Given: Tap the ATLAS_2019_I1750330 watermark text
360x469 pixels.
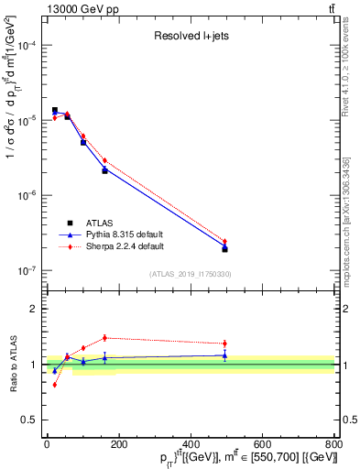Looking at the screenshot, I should pos(190,274).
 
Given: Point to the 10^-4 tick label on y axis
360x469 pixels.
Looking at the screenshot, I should pos(25,45).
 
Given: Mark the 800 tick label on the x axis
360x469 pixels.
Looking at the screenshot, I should pos(333,444).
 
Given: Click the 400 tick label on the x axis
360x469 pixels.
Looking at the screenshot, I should pos(190,444).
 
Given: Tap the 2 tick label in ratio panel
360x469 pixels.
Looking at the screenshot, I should pos(34,309).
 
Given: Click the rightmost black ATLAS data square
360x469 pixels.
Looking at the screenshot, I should pos(224,249).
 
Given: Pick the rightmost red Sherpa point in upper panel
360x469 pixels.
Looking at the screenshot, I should pos(224,242).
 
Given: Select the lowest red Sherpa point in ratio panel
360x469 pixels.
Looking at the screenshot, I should pos(55,385).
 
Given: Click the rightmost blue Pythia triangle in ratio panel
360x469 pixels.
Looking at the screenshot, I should pos(224,355).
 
